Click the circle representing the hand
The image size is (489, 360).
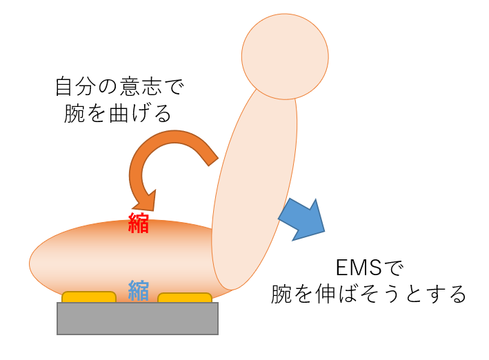pos(284,56)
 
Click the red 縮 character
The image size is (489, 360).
pos(139,223)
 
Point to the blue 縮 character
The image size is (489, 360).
pos(139,290)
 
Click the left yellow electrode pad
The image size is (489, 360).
pos(89,297)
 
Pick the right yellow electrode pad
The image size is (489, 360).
pos(185,298)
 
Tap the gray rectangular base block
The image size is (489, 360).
pos(137,318)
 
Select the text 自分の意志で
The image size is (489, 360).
pos(120,88)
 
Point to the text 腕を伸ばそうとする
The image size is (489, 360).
pos(369,294)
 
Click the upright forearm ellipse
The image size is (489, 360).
pos(255,186)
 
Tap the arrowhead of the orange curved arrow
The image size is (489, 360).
pos(146,200)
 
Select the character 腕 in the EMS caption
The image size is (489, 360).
pos(282,294)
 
